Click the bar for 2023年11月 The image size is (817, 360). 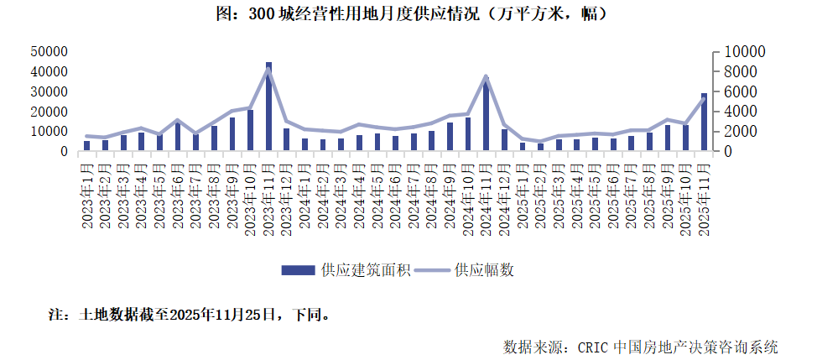pos(268,107)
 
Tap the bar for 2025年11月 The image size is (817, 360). pos(704,123)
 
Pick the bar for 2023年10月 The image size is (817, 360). pos(250,131)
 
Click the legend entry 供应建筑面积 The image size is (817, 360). pos(346,269)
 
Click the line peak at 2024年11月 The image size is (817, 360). pos(487,76)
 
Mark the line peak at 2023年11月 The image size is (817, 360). pos(268,69)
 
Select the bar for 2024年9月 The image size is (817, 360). pos(450,137)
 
